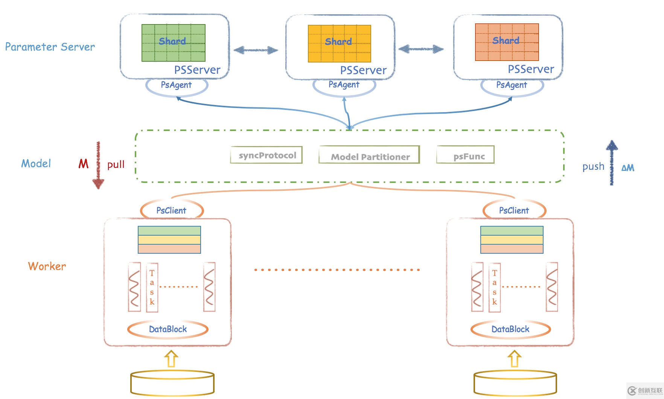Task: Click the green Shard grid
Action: click(174, 43)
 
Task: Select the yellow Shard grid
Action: click(340, 44)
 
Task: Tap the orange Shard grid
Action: click(507, 42)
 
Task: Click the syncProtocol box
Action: click(267, 155)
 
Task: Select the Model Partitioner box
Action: click(369, 155)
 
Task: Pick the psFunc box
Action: click(465, 155)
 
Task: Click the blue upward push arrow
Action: click(612, 163)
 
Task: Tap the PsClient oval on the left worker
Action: click(172, 210)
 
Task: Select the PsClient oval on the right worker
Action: click(514, 210)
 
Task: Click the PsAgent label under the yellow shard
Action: click(344, 85)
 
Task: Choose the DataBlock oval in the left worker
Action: click(168, 329)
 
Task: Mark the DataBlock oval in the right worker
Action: click(510, 329)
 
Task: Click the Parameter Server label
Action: click(50, 47)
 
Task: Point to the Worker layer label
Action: click(47, 266)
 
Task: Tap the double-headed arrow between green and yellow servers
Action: click(256, 50)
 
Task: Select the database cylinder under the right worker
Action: click(515, 383)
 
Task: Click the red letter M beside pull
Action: click(83, 164)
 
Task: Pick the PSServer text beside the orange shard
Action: click(531, 69)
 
